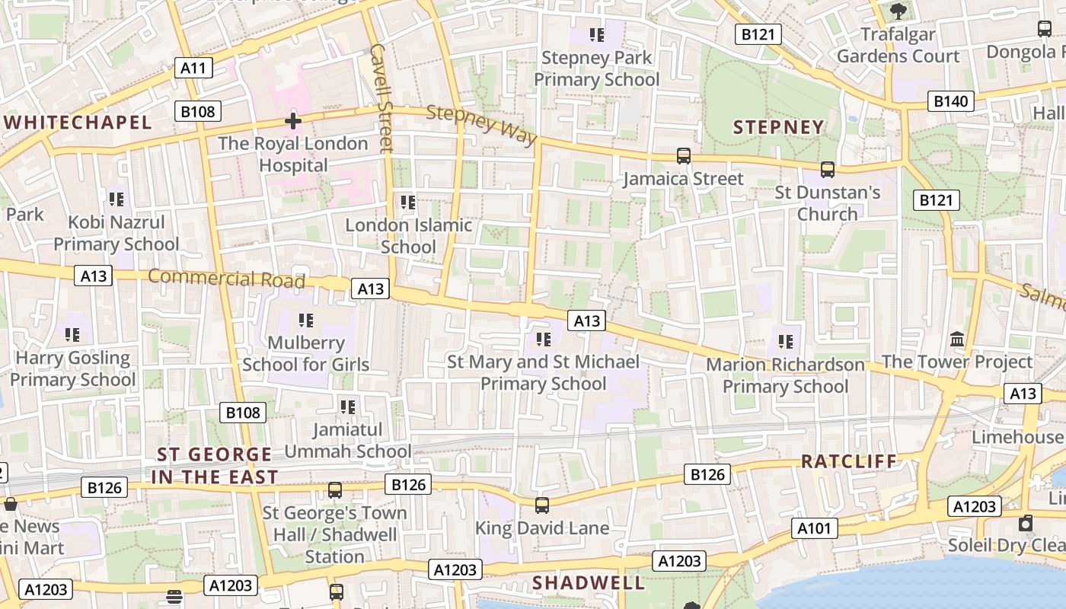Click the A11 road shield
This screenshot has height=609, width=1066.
point(193,68)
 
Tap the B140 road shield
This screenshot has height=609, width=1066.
point(950,101)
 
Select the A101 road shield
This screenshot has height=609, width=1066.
point(815,528)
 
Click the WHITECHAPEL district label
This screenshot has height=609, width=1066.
point(77,123)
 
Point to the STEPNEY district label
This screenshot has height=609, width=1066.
point(778,127)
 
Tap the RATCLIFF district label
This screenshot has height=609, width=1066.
point(849,461)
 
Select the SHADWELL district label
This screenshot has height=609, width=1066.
point(588,583)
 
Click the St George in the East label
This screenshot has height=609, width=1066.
point(215,466)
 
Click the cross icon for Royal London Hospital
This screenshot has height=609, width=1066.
point(292,121)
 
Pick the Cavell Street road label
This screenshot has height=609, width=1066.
point(380,97)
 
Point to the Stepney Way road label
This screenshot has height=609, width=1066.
point(481,125)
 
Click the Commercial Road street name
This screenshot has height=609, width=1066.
point(226,278)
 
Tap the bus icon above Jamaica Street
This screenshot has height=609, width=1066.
point(684,156)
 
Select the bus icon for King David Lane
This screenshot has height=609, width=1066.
point(541,505)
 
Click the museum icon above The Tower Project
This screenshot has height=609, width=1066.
point(957,339)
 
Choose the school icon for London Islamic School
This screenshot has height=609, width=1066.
point(408,202)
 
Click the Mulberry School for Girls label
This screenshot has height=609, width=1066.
point(306,354)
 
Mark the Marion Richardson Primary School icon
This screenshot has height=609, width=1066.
point(785,342)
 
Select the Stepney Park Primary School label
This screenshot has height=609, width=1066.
point(596,69)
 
